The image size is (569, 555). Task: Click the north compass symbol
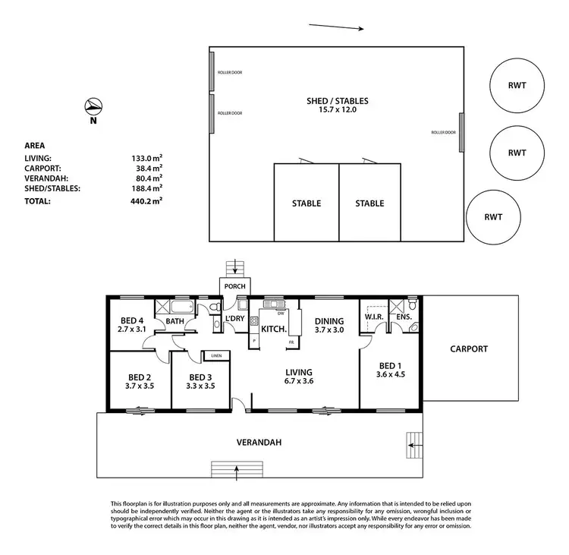pos(93,106)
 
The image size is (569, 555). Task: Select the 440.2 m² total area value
pos(147,201)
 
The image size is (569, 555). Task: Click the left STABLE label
pos(306,203)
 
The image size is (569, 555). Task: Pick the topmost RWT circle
pos(517,86)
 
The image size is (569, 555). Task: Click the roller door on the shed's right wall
pos(461,132)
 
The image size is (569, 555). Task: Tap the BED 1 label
pos(387,364)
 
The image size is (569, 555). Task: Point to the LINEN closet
pos(216,355)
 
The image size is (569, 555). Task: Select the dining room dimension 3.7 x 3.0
pos(329,330)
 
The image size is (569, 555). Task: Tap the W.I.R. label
pos(372,316)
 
